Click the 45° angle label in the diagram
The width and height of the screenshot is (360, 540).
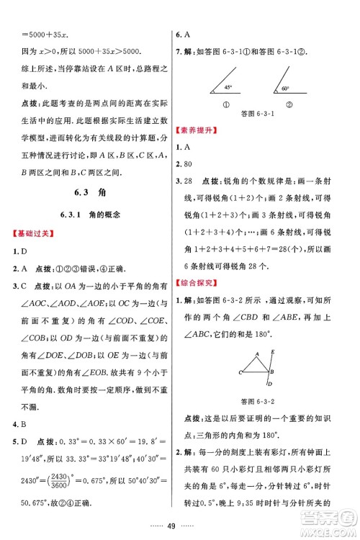pyautogui.click(x=228, y=88)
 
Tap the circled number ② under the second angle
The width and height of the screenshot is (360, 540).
pyautogui.click(x=279, y=104)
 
